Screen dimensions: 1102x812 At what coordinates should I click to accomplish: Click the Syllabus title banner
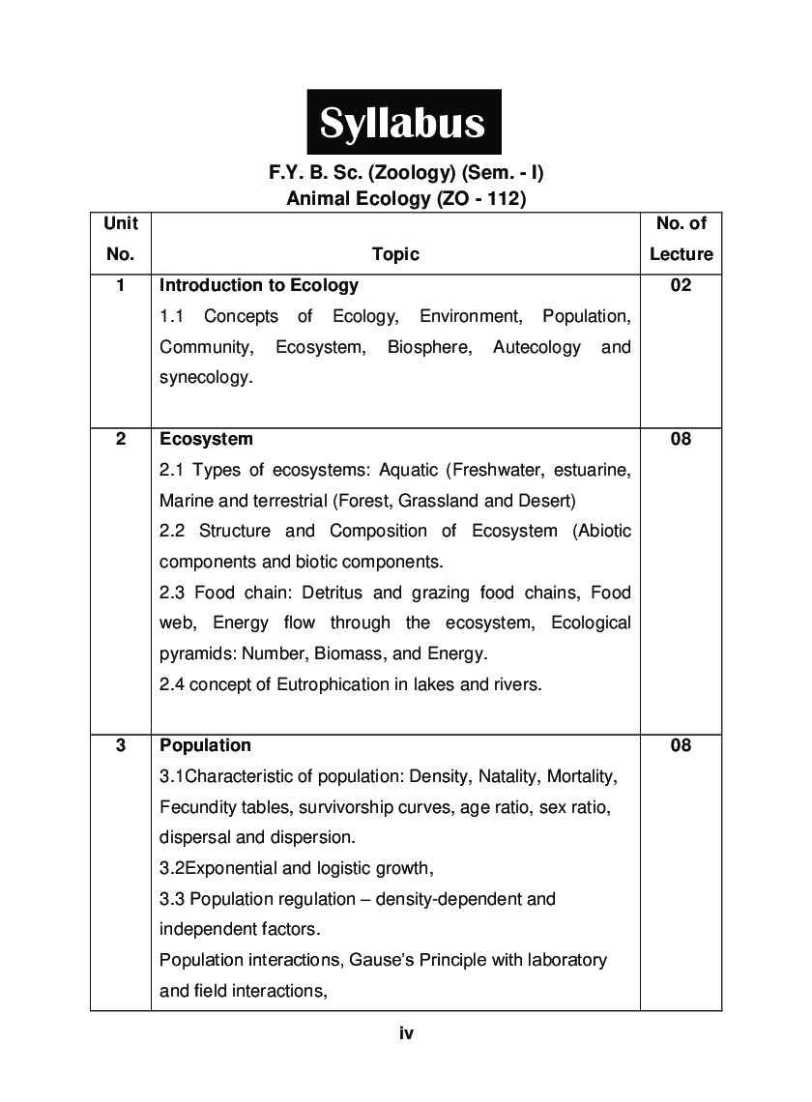(x=404, y=123)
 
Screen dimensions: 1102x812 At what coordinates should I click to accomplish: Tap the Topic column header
(x=395, y=254)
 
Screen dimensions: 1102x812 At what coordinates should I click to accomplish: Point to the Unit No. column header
(x=121, y=239)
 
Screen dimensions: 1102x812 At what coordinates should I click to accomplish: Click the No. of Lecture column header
(x=681, y=239)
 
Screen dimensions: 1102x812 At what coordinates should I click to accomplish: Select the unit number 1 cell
(x=121, y=285)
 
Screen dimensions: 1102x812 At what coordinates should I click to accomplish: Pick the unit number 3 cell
(x=121, y=745)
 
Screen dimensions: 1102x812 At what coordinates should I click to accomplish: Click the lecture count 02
(x=681, y=285)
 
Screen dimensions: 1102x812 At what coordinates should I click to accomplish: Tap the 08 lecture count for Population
(x=681, y=745)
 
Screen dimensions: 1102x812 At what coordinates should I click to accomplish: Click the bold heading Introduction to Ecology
(x=258, y=285)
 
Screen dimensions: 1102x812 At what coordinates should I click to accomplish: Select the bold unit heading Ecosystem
(x=206, y=439)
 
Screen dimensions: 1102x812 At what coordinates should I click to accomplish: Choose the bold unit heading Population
(x=205, y=745)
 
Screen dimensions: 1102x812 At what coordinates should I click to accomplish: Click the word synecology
(x=205, y=378)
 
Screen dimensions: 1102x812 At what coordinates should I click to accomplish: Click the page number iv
(x=406, y=1034)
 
